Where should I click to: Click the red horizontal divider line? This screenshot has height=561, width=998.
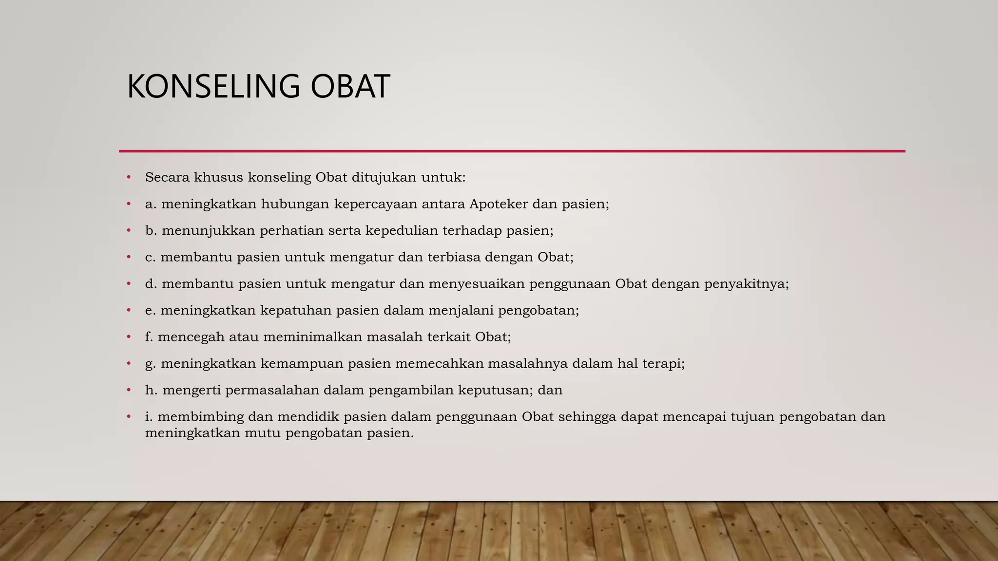coord(512,151)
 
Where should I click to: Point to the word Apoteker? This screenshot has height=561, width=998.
coord(499,204)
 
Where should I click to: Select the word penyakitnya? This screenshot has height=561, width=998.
coord(746,284)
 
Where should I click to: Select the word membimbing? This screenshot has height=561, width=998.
coord(200,417)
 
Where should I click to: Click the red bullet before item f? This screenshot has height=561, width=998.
coord(129,337)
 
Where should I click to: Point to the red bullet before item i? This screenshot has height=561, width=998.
coord(129,416)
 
